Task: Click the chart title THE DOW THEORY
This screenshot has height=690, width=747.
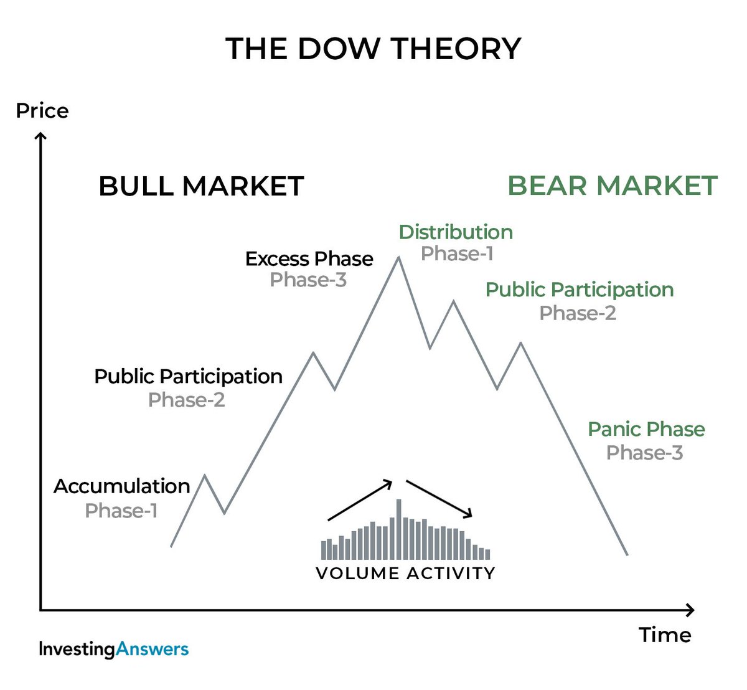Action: tap(374, 49)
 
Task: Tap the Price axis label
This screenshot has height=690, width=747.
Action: tap(42, 111)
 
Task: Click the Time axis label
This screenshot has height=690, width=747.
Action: tap(665, 635)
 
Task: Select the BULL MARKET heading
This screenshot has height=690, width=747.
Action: tap(201, 186)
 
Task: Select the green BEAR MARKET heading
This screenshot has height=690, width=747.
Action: tap(613, 186)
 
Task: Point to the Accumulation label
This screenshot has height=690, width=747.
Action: tap(121, 486)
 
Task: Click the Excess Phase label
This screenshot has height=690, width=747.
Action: tap(309, 258)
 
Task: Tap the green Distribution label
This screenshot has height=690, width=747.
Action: tap(456, 232)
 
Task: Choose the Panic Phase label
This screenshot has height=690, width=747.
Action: tap(646, 429)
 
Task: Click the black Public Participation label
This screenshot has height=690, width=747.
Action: tap(188, 377)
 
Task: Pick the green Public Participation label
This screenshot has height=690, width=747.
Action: tap(579, 290)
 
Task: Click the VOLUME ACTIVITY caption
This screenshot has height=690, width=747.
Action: tap(405, 573)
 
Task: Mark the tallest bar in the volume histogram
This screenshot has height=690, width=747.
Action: tap(399, 529)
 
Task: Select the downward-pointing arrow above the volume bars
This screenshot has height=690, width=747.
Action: tap(439, 499)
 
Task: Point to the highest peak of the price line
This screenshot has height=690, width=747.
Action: tap(398, 258)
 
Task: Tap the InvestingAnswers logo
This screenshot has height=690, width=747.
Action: tap(113, 649)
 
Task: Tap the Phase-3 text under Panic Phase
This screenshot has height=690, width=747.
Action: tap(644, 453)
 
